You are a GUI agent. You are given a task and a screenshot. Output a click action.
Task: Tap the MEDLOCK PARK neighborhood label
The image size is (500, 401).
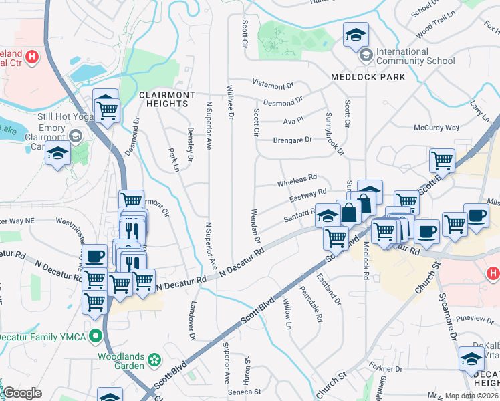point(368,77)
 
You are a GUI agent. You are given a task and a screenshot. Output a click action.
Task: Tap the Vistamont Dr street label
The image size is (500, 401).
point(273,84)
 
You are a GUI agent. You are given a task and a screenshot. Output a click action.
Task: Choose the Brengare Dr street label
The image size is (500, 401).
point(293,140)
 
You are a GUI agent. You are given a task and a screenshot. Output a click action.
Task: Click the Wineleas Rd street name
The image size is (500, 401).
point(296,180)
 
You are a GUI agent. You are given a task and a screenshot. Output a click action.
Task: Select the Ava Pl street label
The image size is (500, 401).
point(293,120)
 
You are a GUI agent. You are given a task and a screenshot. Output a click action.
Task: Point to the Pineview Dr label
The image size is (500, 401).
point(477,318)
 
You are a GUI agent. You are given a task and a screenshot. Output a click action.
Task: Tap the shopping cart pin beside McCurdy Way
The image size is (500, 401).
point(442,160)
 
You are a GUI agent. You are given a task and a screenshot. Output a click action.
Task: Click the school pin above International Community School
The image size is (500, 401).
point(356,34)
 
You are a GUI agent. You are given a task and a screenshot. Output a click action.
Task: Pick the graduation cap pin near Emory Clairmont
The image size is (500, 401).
point(57,154)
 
